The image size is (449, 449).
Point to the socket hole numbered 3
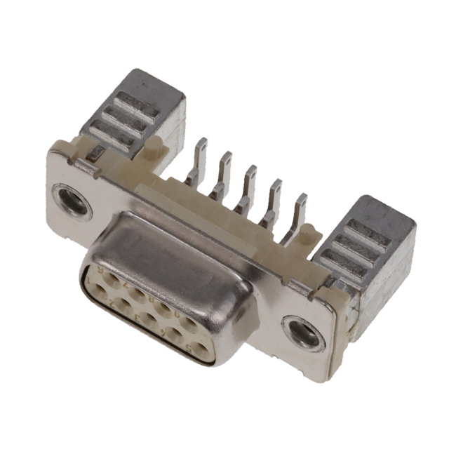tap(148, 319)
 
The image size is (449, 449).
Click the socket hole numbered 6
tap(112, 279)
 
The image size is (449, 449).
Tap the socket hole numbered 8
tap(162, 308)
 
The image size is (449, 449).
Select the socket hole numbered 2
tap(123, 305)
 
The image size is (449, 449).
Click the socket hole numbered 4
tap(174, 333)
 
